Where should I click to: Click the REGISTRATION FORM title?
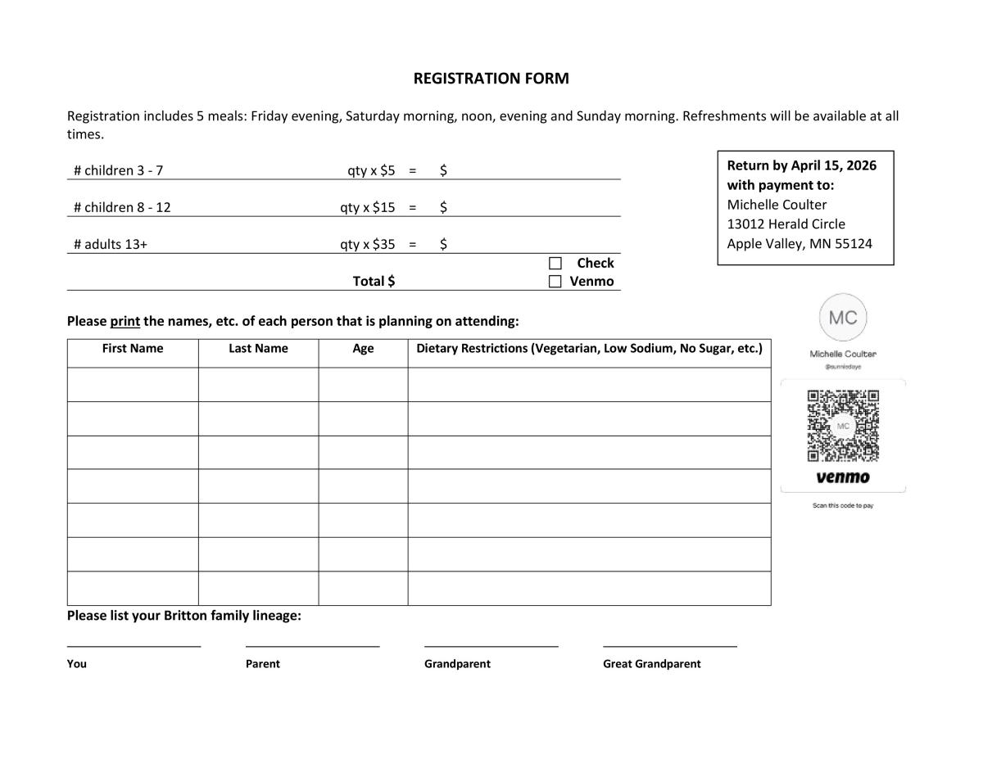click(x=491, y=79)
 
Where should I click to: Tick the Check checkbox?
click(x=555, y=263)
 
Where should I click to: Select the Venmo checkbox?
click(x=555, y=282)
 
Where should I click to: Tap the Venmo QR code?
click(x=843, y=426)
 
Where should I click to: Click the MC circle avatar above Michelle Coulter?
click(x=843, y=318)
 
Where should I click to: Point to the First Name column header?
click(x=133, y=349)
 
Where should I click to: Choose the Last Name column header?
click(x=258, y=349)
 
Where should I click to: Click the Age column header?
click(x=363, y=349)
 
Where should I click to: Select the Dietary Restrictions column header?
click(x=589, y=349)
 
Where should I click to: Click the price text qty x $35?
click(x=368, y=244)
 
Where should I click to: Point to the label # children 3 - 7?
click(x=118, y=170)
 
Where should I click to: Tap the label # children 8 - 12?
click(x=122, y=207)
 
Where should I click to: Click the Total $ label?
click(x=374, y=281)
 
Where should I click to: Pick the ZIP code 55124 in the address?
click(x=854, y=244)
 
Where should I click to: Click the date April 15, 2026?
click(x=833, y=165)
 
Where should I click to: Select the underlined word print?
click(x=125, y=321)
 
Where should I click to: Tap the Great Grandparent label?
click(x=652, y=664)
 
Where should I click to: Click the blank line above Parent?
click(x=312, y=645)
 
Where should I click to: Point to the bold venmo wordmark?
click(x=843, y=477)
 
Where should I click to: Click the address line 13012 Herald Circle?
click(x=786, y=224)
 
